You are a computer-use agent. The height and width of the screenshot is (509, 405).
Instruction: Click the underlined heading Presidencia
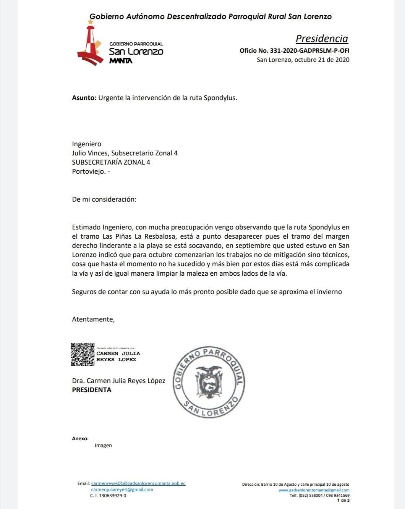click(322, 39)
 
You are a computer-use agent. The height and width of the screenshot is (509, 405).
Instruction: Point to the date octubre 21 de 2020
click(322, 60)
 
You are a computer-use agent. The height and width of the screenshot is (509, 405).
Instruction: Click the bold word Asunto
click(84, 98)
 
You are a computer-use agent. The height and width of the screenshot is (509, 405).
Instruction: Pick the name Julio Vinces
click(90, 153)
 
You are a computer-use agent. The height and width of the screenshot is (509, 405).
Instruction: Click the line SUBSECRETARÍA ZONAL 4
click(111, 162)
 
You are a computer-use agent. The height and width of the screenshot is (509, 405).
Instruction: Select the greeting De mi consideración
click(104, 199)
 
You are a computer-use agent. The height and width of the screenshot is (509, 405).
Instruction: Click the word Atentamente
click(93, 319)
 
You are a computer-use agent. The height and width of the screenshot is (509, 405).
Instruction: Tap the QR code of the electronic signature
click(83, 354)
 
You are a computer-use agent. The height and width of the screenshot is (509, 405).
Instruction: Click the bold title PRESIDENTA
click(92, 390)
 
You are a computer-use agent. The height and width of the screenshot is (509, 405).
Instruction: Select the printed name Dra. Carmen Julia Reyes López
click(118, 381)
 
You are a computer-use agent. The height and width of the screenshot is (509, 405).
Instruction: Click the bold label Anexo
click(80, 439)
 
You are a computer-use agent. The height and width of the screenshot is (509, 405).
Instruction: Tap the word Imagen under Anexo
click(103, 446)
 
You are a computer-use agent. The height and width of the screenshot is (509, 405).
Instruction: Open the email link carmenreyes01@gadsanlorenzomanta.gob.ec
click(138, 483)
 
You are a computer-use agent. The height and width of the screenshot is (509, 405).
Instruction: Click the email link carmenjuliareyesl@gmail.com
click(122, 490)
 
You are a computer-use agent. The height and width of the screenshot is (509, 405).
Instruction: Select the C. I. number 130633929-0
click(108, 496)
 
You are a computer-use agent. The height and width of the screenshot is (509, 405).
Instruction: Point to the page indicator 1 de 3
click(343, 500)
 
